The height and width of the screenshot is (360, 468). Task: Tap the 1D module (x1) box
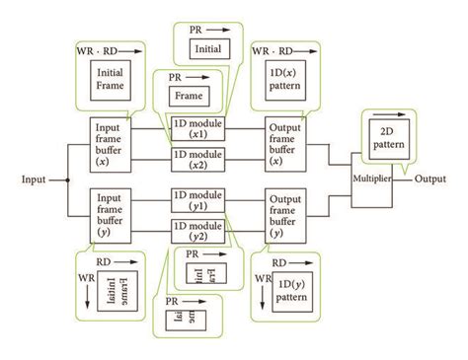coord(197,128)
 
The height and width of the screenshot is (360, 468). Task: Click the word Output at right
coord(430,180)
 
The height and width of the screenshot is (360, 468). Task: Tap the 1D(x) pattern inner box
coord(288,78)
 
